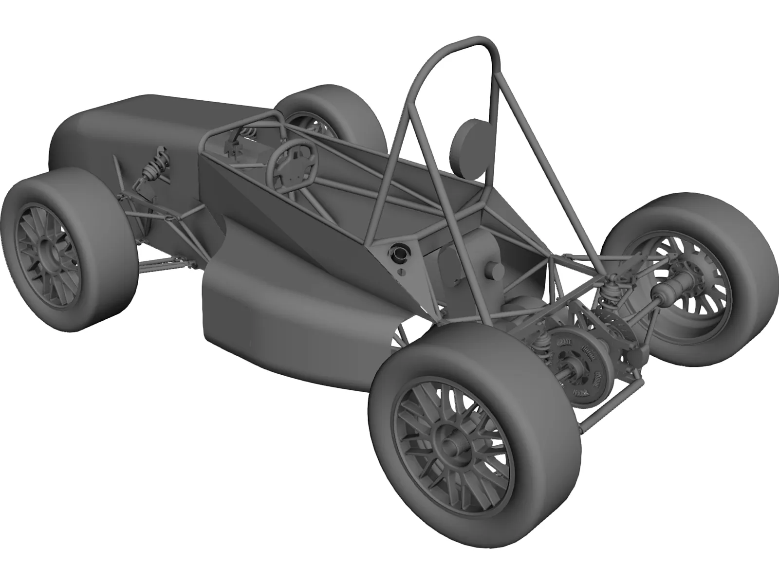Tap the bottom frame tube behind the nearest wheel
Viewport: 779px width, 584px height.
pos(599,409)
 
